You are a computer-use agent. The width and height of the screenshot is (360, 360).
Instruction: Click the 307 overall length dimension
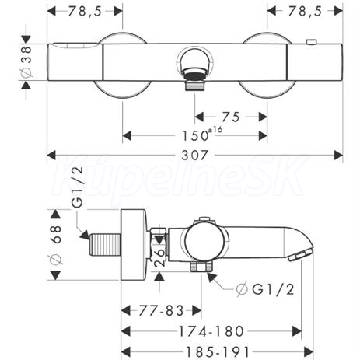pos(194,155)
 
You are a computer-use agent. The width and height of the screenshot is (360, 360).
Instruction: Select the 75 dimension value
pos(230,117)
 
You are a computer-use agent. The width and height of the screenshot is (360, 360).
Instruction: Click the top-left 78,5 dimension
pos(85,11)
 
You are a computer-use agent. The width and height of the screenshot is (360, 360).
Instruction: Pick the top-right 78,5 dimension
pos(305,11)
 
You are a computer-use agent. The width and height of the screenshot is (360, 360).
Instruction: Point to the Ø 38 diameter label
pos(26,62)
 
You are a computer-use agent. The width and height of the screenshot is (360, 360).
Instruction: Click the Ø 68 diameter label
pos(55,245)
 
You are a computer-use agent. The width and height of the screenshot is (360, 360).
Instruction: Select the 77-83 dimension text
pos(161,310)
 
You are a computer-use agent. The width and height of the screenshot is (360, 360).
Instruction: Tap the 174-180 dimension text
pos(211,331)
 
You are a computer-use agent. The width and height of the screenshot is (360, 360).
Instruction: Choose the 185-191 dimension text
pos(218,352)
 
